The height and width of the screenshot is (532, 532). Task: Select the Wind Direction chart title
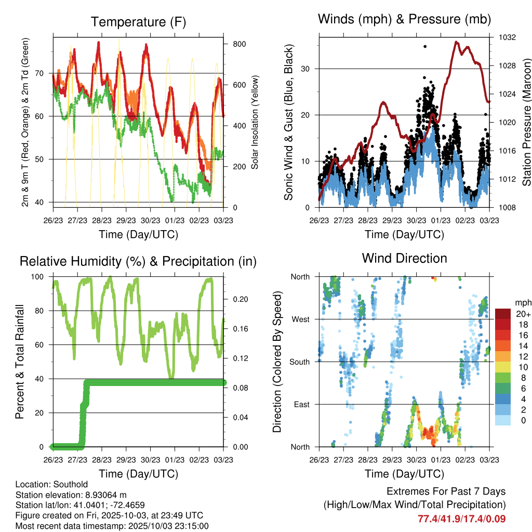click(404, 258)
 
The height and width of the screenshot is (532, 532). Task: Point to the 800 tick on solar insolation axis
click(239, 44)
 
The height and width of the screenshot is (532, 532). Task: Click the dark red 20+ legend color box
click(502, 314)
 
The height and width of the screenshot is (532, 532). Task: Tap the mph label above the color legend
click(522, 302)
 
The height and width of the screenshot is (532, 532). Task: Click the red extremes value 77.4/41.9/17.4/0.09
click(461, 518)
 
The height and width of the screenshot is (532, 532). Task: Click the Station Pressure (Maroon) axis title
click(526, 122)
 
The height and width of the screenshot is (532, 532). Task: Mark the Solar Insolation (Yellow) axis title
click(255, 122)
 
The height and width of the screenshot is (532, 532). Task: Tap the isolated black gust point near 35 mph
click(425, 46)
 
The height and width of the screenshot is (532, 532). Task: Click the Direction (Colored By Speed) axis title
click(277, 362)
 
